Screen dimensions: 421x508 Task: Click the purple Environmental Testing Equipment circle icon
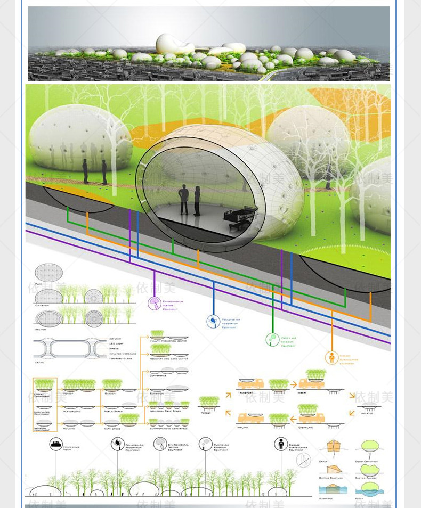click(x=155, y=304)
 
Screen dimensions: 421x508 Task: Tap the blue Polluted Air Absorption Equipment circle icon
click(x=213, y=321)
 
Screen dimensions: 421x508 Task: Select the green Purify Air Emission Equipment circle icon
click(x=272, y=339)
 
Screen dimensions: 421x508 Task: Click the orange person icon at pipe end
click(x=332, y=357)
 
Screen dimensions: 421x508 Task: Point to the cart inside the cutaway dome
click(x=243, y=216)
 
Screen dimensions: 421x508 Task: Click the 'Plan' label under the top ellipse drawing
click(x=38, y=284)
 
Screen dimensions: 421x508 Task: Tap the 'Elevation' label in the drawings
click(x=42, y=305)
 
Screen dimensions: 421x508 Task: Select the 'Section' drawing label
click(x=41, y=330)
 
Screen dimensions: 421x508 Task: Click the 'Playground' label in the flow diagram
click(x=72, y=411)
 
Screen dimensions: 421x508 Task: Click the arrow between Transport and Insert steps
click(x=293, y=383)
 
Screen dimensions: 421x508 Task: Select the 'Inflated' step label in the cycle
click(x=367, y=413)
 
